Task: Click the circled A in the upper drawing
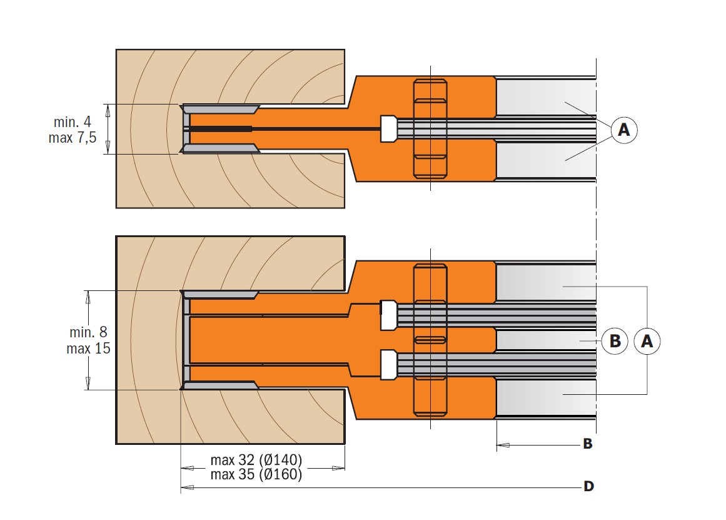[x=623, y=130]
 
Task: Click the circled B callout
[x=615, y=341]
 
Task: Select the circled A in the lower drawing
[x=647, y=341]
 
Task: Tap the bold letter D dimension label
[x=588, y=486]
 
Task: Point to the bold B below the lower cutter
[x=588, y=444]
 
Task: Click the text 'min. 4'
[x=73, y=122]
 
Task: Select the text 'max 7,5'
[x=73, y=138]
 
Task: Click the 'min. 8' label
[x=88, y=332]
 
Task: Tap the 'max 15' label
[x=88, y=348]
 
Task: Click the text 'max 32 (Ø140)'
[x=256, y=460]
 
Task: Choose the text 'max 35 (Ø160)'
[x=256, y=474]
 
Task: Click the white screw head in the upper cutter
[x=388, y=129]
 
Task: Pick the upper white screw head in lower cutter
[x=388, y=315]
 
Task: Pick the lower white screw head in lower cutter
[x=388, y=365]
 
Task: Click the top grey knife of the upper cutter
[x=220, y=110]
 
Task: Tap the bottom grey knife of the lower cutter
[x=220, y=385]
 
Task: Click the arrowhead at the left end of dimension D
[x=187, y=487]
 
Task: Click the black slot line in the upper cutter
[x=285, y=128]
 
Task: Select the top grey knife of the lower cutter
[x=220, y=295]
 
